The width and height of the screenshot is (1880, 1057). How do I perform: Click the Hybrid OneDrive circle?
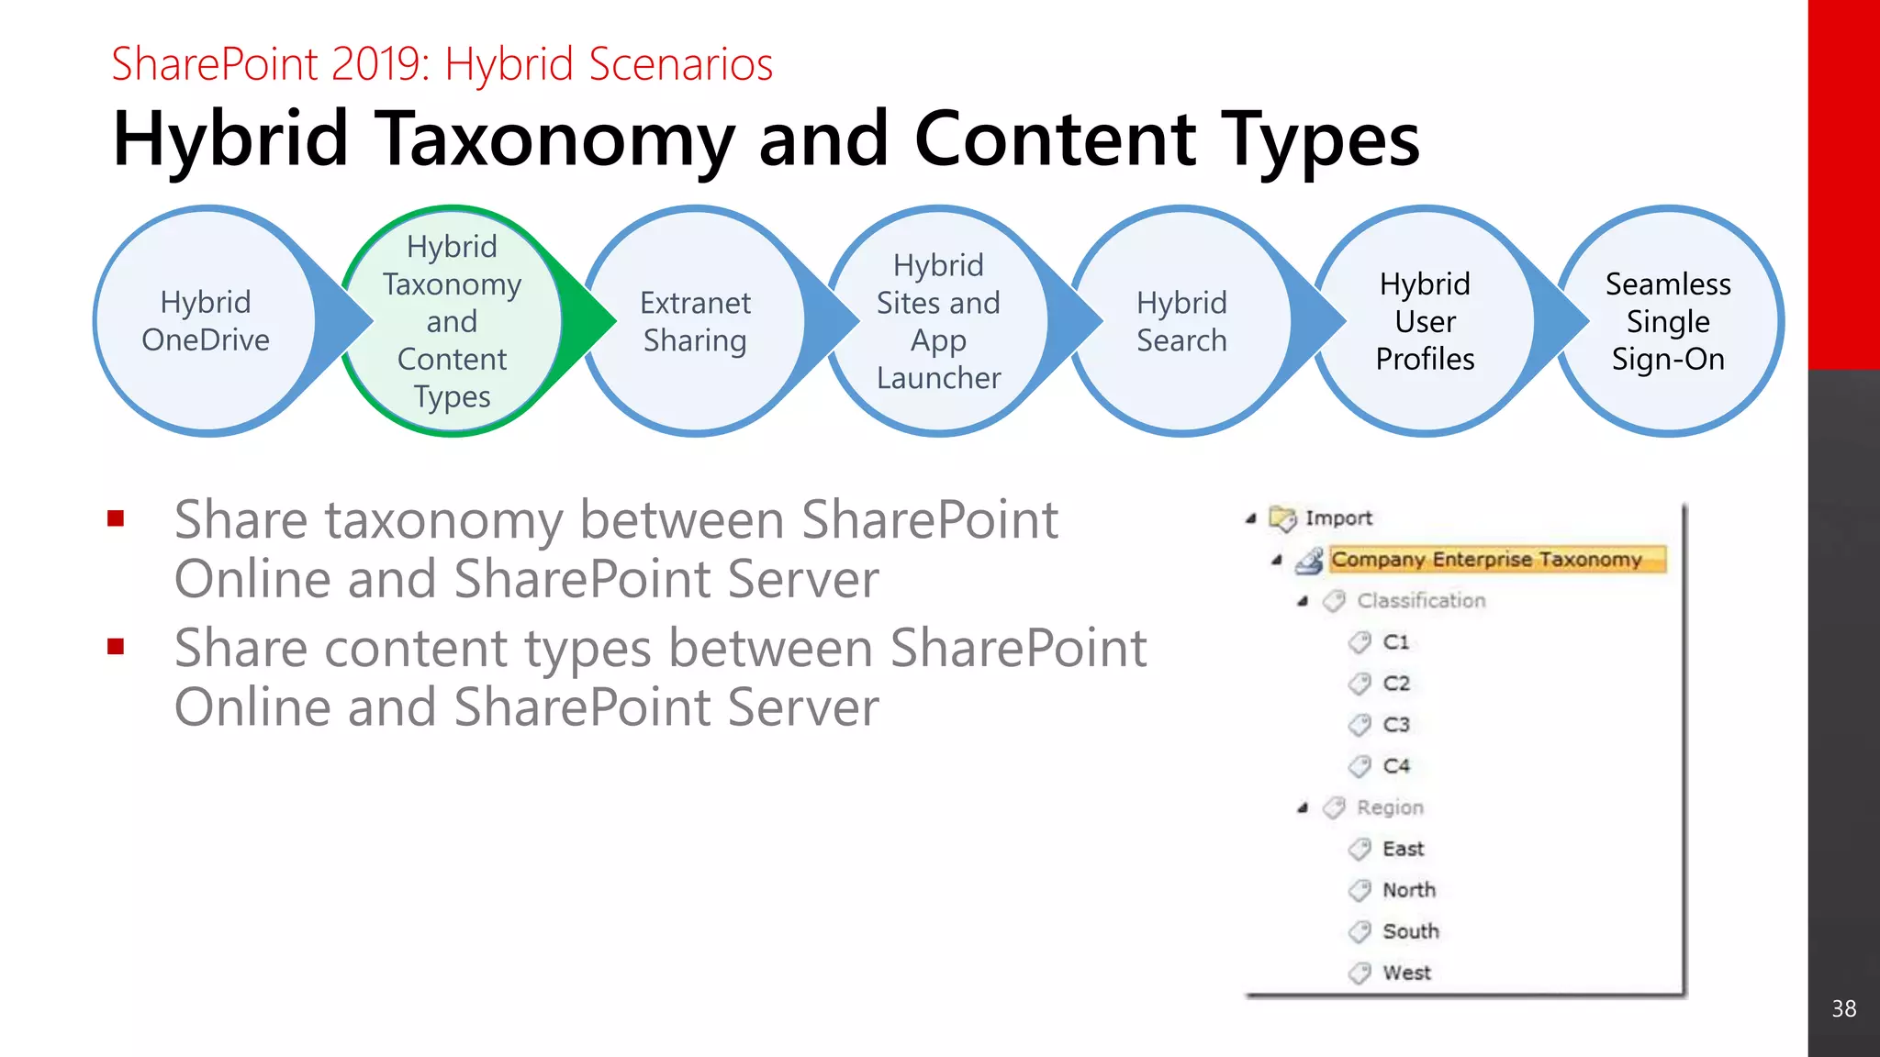point(206,321)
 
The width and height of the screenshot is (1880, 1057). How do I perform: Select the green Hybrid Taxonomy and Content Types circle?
point(452,321)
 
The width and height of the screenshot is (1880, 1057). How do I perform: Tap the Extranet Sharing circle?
point(695,321)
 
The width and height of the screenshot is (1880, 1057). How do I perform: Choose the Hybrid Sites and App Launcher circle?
point(938,321)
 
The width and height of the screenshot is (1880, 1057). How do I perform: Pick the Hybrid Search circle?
point(1181,321)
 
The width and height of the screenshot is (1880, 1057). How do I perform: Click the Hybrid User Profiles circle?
point(1425,321)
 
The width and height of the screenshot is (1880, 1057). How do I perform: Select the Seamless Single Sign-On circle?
point(1668,321)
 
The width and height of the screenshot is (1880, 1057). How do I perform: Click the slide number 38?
point(1843,1008)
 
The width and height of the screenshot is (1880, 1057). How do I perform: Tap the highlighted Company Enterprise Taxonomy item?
point(1486,559)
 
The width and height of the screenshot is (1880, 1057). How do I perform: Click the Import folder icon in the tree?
point(1282,518)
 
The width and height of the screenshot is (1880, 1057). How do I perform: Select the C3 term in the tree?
point(1395,725)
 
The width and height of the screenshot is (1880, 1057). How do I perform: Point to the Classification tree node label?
point(1421,600)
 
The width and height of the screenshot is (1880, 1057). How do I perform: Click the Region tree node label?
point(1390,807)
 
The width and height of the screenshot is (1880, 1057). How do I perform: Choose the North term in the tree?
point(1408,890)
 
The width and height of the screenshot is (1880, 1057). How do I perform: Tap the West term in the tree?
point(1406,973)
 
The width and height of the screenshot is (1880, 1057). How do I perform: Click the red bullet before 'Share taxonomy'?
point(116,519)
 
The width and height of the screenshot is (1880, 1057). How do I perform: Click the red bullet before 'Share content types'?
point(116,648)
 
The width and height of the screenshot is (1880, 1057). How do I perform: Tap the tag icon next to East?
point(1360,849)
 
